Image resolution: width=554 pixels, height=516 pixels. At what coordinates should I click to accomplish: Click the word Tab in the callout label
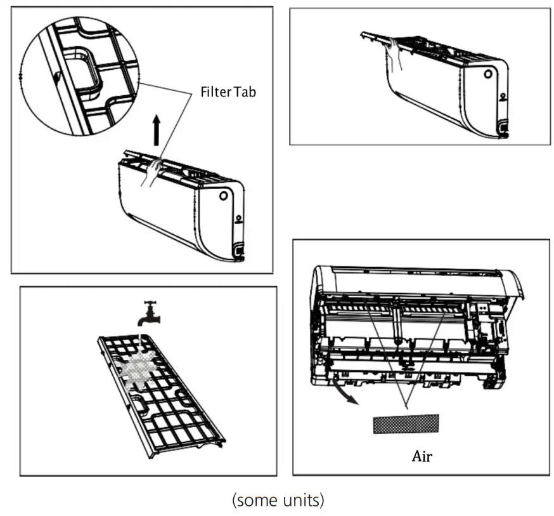coord(245,92)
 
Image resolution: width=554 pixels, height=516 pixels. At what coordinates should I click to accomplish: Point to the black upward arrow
coord(157,132)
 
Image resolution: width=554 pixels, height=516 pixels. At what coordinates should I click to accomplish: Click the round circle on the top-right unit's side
coord(488,74)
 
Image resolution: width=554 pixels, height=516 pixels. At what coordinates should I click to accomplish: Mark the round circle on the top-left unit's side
coord(224,196)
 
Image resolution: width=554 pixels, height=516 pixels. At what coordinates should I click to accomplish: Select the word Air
coord(422,456)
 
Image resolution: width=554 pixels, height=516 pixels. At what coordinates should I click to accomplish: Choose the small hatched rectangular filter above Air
coord(405,423)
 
